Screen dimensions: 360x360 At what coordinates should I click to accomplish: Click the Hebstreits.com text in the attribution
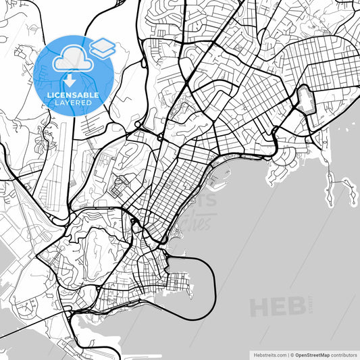[x=268, y=354]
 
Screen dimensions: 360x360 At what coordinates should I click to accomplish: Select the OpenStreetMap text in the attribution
[x=314, y=354]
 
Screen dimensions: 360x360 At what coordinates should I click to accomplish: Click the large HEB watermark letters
[x=277, y=308]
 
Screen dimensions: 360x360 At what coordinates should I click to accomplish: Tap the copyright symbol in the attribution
[x=292, y=354]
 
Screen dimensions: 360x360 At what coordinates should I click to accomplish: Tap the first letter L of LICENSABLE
[x=48, y=95]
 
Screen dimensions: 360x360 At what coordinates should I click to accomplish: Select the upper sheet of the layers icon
[x=102, y=45]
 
